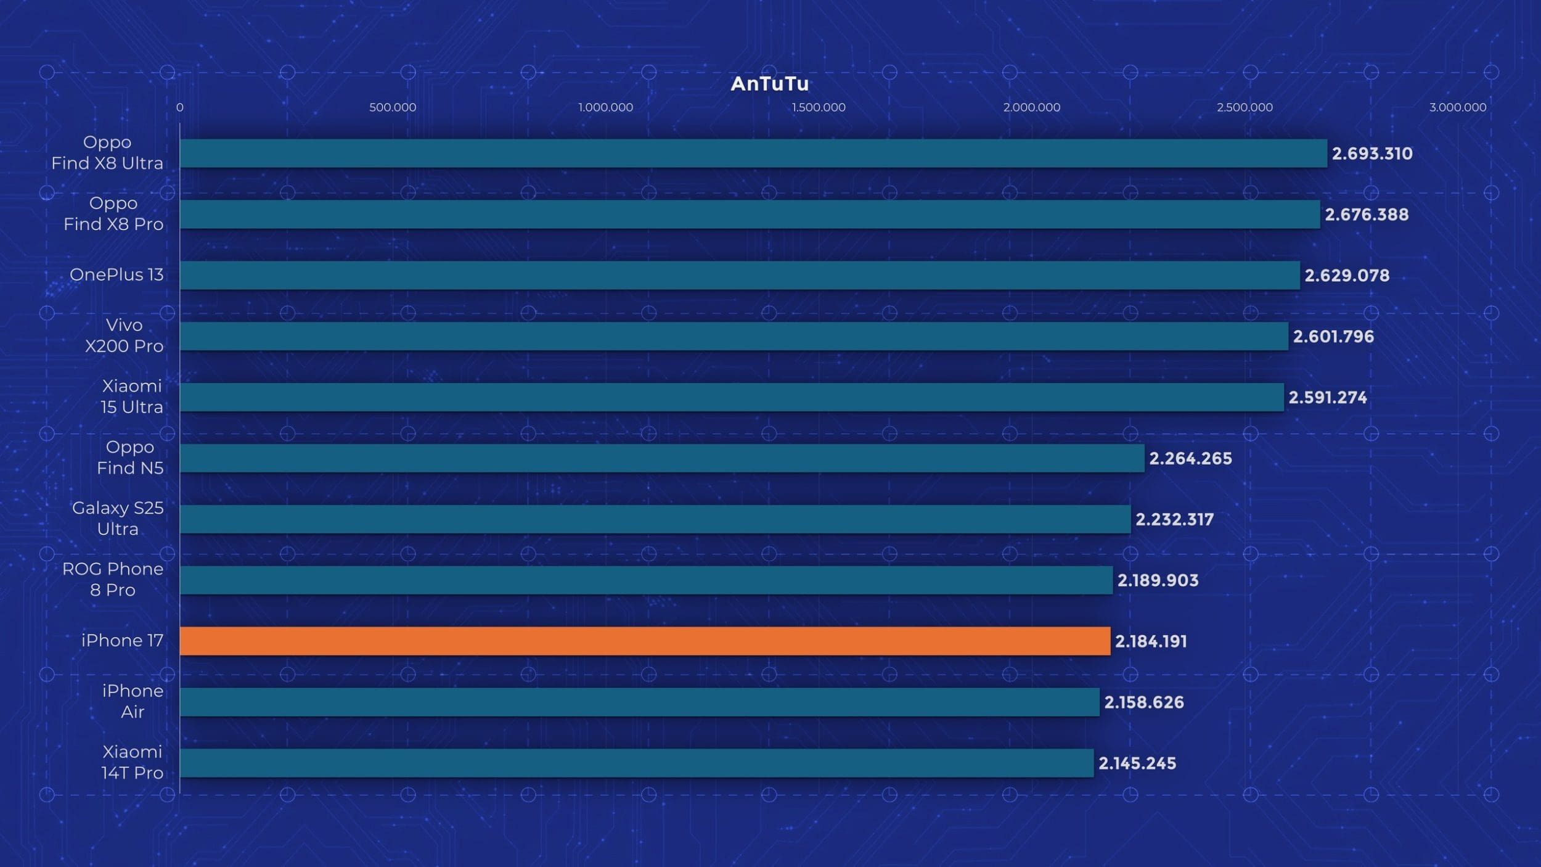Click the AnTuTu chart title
[769, 84]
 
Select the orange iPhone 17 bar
[645, 641]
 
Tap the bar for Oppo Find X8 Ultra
[753, 153]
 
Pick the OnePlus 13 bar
[740, 275]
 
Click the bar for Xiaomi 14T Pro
[637, 763]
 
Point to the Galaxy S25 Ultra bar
[655, 519]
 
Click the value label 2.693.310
[1372, 154]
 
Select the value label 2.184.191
[1151, 641]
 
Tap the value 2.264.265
[1190, 458]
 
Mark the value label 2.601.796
[1333, 337]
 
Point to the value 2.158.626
[1144, 702]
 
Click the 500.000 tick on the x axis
[393, 107]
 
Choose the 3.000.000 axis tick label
[1457, 107]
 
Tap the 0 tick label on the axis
[179, 107]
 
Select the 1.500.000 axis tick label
[819, 107]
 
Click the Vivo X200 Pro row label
[124, 335]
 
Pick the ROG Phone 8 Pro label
[113, 580]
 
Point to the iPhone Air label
[133, 701]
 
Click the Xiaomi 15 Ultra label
[132, 397]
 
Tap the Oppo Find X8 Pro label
[113, 213]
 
